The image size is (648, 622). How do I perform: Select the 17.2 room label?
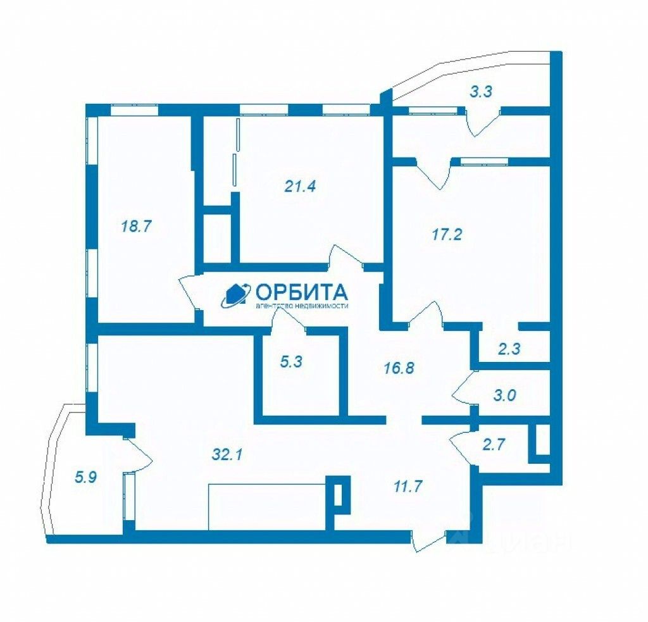[x=447, y=235]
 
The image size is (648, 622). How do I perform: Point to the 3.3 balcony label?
[x=481, y=92]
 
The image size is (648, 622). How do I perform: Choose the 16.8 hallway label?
[x=399, y=368]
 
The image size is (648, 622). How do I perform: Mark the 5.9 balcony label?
[x=85, y=478]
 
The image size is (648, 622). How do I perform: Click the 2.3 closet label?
[x=509, y=348]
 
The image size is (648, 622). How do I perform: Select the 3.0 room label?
[x=504, y=396]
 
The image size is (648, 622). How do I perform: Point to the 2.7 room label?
[x=494, y=444]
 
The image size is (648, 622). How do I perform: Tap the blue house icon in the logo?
[x=235, y=295]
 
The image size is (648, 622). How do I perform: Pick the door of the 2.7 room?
[x=461, y=446]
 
